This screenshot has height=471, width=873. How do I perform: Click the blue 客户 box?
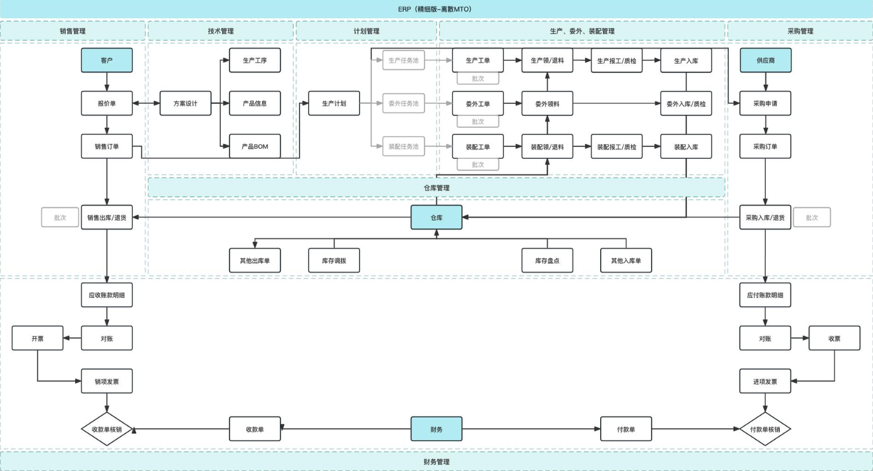[106, 60]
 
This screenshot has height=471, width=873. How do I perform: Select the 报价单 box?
[106, 103]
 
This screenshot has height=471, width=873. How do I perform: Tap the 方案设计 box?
[185, 103]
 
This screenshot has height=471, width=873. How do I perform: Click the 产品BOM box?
[255, 146]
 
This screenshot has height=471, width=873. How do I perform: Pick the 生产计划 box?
[334, 103]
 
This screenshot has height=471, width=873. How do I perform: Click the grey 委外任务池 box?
[403, 103]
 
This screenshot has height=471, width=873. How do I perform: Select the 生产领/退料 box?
[547, 60]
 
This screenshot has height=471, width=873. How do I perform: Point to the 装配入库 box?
[686, 146]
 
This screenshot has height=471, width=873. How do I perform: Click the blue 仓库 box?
[436, 217]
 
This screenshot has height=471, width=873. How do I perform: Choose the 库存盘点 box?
[547, 260]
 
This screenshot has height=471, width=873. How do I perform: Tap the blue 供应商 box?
[765, 60]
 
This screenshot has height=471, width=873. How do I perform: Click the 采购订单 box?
[765, 146]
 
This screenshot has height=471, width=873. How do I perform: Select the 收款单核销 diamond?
[106, 430]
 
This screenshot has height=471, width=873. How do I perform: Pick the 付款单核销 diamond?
[765, 430]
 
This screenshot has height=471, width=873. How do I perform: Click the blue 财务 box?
[436, 429]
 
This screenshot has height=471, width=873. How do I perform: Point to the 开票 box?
[38, 338]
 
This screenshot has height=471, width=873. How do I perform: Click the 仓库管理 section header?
[436, 188]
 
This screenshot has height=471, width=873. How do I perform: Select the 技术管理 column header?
[220, 31]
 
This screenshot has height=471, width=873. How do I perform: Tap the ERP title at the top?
[436, 9]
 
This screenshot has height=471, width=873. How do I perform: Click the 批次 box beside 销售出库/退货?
[60, 217]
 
